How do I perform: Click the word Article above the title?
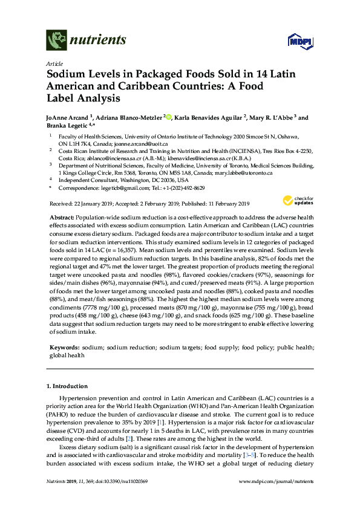coord(54,63)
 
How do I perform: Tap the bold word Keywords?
coord(64,349)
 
